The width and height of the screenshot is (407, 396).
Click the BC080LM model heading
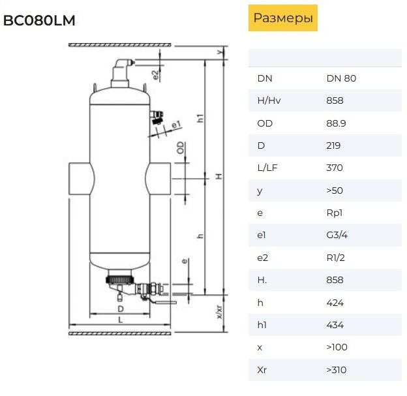[x=39, y=20]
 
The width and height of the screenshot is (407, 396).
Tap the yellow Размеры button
[x=283, y=18]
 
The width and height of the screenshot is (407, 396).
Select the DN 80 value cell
[x=341, y=78]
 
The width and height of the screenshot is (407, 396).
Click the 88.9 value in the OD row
[x=336, y=123]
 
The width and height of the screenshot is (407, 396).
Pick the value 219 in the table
[x=333, y=145]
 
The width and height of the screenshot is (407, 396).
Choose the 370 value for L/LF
[x=335, y=168]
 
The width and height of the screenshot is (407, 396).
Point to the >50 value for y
[x=335, y=190]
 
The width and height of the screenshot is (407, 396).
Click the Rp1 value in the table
[x=335, y=213]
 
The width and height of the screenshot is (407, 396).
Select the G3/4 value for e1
[x=337, y=235]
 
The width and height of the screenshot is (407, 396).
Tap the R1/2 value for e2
[x=336, y=258]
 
